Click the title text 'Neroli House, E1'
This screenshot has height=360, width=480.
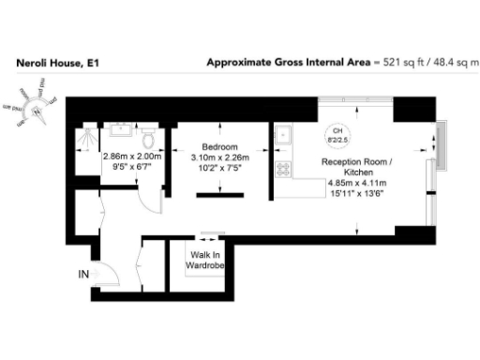[x=57, y=64]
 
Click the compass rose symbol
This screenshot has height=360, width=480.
[x=37, y=105]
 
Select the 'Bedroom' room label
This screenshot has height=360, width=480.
[x=214, y=147]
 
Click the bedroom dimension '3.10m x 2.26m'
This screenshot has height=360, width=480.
[x=214, y=158]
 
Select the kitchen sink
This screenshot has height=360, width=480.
[x=283, y=138]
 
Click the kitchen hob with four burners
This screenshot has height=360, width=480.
[x=282, y=170]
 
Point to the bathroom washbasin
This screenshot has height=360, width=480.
[x=122, y=132]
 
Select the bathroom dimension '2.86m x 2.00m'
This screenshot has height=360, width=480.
[x=132, y=157]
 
